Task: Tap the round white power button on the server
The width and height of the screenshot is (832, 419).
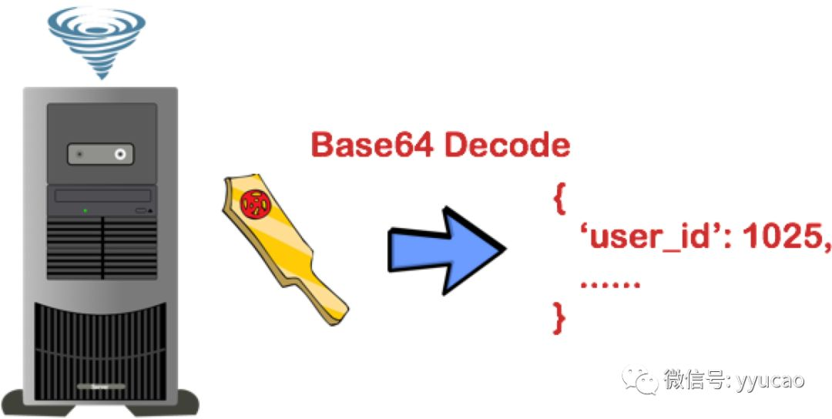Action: [120, 155]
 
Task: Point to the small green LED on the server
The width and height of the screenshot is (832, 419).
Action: [85, 209]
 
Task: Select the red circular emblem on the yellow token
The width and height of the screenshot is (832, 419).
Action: [253, 204]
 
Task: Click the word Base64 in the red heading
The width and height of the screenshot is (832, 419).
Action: [373, 146]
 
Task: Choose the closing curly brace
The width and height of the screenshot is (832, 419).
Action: [560, 317]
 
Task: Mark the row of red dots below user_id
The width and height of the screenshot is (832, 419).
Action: [610, 285]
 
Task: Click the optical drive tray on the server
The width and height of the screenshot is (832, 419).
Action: [102, 196]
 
